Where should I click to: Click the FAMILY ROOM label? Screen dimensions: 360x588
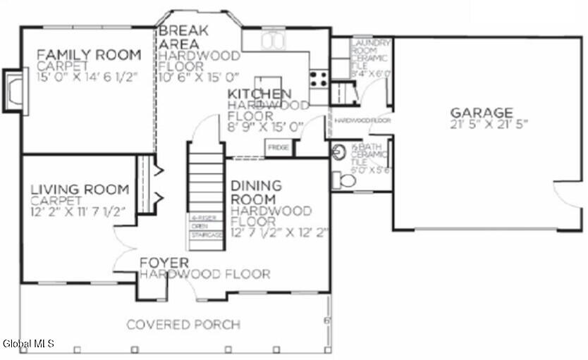point(89,54)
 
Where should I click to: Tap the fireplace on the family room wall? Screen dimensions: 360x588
point(13,89)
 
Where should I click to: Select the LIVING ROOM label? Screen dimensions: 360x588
point(79,189)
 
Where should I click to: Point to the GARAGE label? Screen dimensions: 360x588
point(482,112)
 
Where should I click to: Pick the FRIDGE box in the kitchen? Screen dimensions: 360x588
point(276,149)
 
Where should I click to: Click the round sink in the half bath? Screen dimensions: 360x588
point(339,150)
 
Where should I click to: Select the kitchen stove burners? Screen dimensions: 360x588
point(319,78)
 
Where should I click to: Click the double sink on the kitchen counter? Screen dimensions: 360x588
point(272,42)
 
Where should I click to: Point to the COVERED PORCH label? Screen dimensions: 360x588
point(183,325)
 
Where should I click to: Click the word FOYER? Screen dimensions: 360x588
point(164,263)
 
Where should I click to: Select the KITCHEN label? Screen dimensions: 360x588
point(259,94)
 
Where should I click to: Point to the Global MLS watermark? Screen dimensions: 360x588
point(28,344)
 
